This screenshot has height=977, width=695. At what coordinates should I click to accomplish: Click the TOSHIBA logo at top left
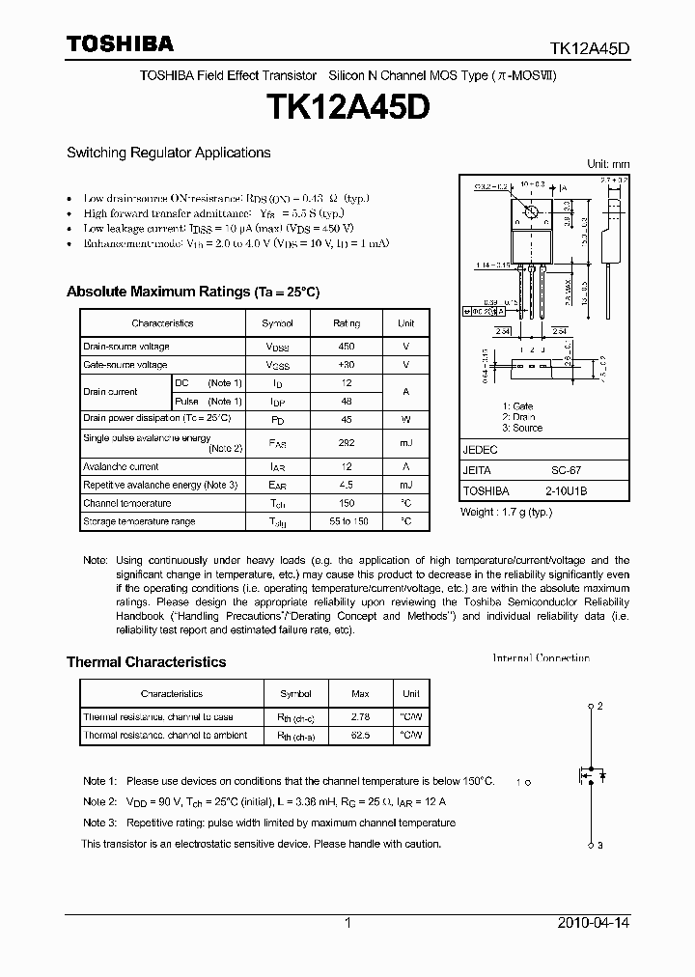tap(120, 43)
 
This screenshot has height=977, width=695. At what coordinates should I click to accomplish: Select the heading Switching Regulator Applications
tap(168, 153)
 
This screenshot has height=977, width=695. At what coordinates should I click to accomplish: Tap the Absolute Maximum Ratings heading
tap(192, 292)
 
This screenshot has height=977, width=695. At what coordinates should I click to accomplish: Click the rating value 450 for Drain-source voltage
tap(346, 346)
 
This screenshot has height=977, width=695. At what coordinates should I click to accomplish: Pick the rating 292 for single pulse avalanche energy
tap(346, 442)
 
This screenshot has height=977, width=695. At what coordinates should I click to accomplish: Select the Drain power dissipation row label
tap(156, 418)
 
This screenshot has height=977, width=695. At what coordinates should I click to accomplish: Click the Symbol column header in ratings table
tap(277, 323)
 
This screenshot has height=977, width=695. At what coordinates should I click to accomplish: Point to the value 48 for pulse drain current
tap(346, 401)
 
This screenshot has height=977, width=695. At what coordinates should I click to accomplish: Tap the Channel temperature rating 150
tap(346, 503)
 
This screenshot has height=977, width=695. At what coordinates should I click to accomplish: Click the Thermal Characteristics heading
tap(146, 662)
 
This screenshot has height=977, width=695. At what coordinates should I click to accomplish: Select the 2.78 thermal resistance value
tap(360, 717)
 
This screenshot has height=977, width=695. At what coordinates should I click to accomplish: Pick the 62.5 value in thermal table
tap(360, 736)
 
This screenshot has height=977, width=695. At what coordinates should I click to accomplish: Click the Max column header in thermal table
tap(360, 693)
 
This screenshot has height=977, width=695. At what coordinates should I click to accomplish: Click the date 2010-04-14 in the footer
tap(594, 923)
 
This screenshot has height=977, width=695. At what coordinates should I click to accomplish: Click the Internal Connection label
tap(541, 658)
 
